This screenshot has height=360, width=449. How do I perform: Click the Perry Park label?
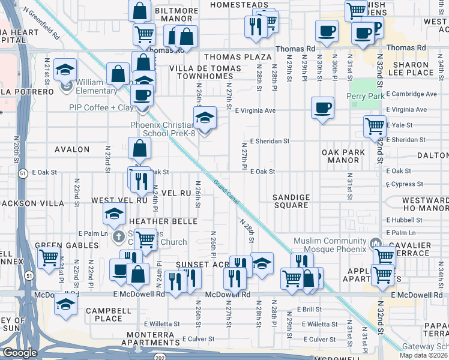click(364, 96)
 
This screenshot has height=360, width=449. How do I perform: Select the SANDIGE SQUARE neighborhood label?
click(291, 201)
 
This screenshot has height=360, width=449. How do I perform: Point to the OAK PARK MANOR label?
click(343, 157)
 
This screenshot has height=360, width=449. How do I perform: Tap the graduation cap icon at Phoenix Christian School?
click(205, 116)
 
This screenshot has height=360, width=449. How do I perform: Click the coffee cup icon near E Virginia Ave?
click(322, 107)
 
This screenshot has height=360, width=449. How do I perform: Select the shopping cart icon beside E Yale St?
click(375, 126)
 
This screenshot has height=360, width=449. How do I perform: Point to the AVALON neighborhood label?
click(72, 149)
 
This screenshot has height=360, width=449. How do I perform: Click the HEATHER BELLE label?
click(163, 221)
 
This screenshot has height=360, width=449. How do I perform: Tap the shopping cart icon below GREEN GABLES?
click(49, 258)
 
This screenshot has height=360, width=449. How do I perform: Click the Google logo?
click(20, 353)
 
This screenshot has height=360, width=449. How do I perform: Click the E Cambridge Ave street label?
click(411, 94)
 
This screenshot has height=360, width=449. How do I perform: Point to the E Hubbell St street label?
click(405, 220)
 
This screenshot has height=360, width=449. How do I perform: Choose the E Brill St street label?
click(310, 309)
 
